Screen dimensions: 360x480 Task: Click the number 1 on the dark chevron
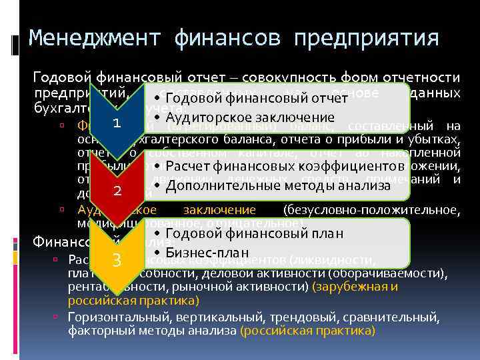pos(117,123)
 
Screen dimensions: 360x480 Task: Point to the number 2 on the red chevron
pos(117,191)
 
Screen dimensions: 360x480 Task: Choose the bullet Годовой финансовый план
pos(253,233)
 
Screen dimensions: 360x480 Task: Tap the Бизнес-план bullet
pos(206,252)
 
